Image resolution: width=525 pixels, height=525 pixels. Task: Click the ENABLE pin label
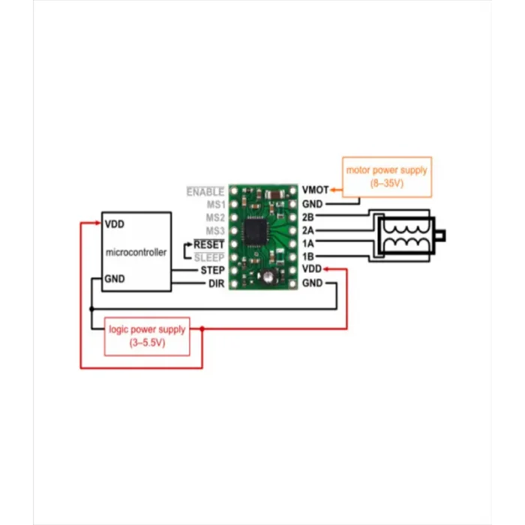(205, 191)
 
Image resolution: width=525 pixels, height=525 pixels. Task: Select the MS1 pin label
(216, 204)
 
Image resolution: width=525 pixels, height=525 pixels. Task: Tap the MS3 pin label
(216, 230)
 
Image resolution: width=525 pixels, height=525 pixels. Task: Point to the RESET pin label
(209, 244)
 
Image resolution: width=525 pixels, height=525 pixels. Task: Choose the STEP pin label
(212, 270)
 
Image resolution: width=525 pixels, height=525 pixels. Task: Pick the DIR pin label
(217, 283)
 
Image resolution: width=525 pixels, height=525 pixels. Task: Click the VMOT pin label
(315, 190)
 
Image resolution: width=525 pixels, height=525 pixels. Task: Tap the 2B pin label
(307, 217)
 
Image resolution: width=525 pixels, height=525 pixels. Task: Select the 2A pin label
(307, 230)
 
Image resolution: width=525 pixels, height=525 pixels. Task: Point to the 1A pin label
(307, 244)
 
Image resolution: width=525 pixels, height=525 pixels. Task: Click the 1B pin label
(307, 256)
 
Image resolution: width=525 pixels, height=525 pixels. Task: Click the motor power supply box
(386, 176)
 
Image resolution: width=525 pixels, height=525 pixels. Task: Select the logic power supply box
(147, 335)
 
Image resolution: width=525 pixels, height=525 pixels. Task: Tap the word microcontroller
(137, 252)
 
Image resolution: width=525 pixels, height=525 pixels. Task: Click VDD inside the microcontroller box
(115, 224)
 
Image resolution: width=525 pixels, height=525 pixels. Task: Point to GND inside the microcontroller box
(115, 278)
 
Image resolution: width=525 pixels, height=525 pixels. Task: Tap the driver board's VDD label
(311, 269)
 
